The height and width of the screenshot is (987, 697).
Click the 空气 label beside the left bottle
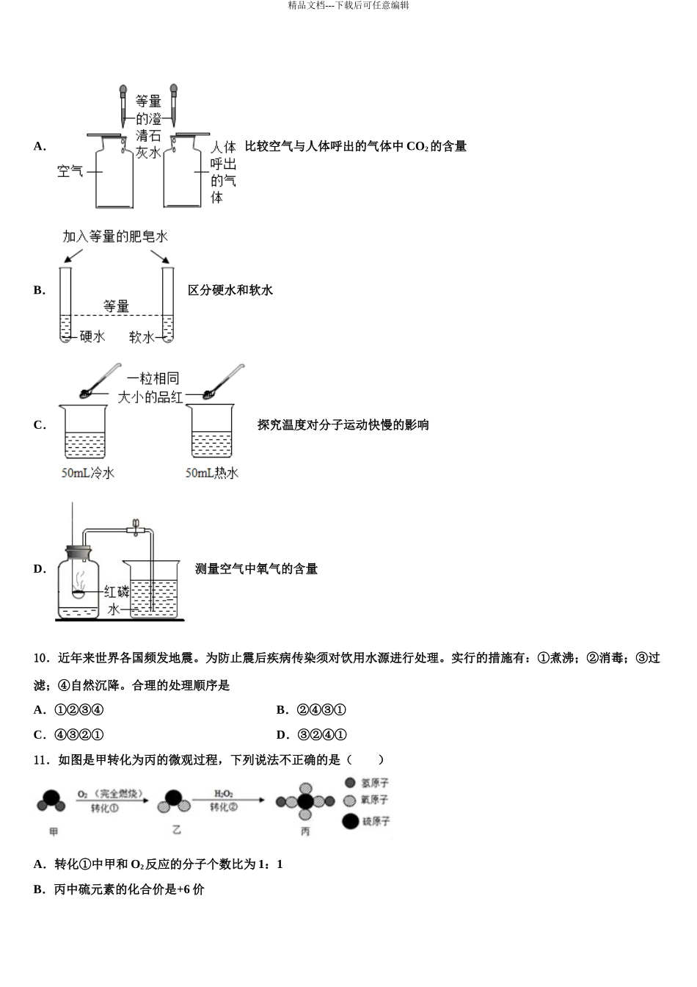click(70, 172)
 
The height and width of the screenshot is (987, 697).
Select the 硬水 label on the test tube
click(92, 336)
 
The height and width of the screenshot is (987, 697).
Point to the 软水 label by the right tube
click(142, 336)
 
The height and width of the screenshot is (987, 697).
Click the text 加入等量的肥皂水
click(115, 236)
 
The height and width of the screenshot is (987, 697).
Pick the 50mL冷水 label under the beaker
click(88, 474)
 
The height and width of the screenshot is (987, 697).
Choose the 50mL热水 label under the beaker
click(212, 474)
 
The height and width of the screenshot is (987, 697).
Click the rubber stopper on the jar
click(78, 552)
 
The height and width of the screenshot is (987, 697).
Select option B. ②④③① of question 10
click(311, 710)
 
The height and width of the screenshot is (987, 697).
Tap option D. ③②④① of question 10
click(311, 735)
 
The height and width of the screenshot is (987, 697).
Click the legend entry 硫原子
click(367, 822)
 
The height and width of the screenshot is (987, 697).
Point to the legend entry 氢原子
click(367, 784)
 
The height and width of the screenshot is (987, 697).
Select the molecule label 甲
click(53, 832)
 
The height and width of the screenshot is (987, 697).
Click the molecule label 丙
click(305, 832)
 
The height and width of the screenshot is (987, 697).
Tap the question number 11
click(41, 761)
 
